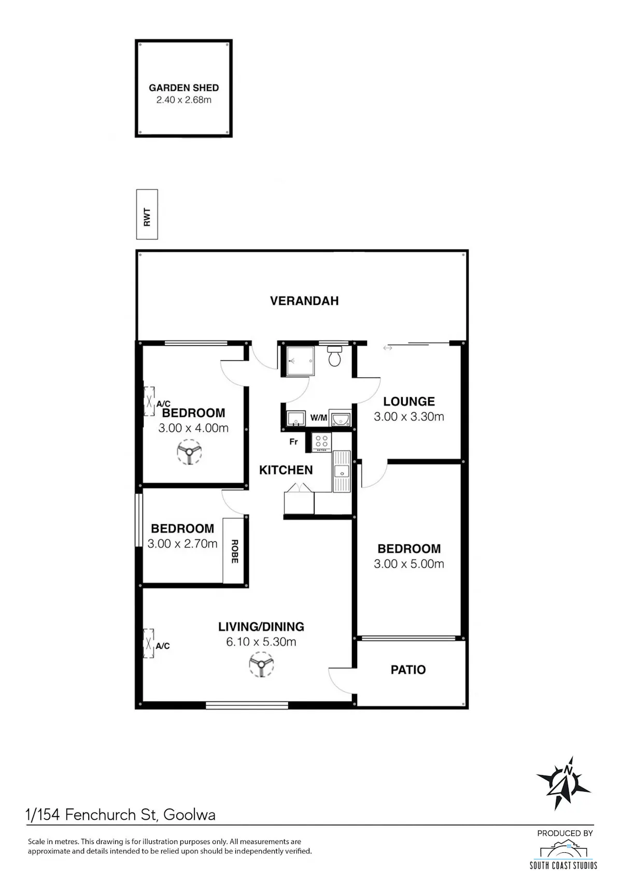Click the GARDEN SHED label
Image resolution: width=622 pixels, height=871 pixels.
183,88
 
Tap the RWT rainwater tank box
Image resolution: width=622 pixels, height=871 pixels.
147,214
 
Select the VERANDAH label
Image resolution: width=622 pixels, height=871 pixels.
304,301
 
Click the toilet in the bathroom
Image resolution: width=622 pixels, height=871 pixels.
334,356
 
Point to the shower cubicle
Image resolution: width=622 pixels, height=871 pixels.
300,361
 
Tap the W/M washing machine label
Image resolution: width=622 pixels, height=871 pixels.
318,418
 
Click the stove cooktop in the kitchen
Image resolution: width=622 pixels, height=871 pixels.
321,443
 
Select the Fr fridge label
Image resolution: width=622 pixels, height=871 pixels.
293,442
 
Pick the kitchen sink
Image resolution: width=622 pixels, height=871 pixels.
342,471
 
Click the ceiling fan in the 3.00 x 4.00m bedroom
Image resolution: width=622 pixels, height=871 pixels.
189,452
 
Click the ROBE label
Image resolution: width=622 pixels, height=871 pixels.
234,551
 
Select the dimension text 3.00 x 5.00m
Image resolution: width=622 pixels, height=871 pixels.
408,564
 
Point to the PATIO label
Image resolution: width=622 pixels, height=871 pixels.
408,670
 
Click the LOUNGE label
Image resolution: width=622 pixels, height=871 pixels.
409,401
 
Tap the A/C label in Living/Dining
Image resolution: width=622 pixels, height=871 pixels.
163,646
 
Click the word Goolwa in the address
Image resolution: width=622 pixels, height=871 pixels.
189,814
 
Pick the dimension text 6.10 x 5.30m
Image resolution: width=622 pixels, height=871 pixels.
261,641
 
